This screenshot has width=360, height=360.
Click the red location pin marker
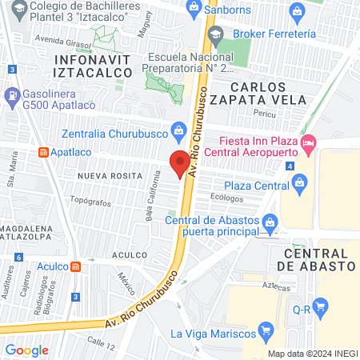[x=181, y=162]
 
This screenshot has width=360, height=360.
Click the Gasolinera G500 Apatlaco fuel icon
[x=11, y=98]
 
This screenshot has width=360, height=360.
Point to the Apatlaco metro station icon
[x=43, y=151]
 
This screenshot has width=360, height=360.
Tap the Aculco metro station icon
[x=75, y=266]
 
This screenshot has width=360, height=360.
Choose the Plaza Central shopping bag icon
[x=300, y=182]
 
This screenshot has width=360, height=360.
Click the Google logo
[x=26, y=350]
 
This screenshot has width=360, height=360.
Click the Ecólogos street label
[x=227, y=196]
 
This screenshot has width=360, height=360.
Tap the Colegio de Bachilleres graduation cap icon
[x=11, y=9]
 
